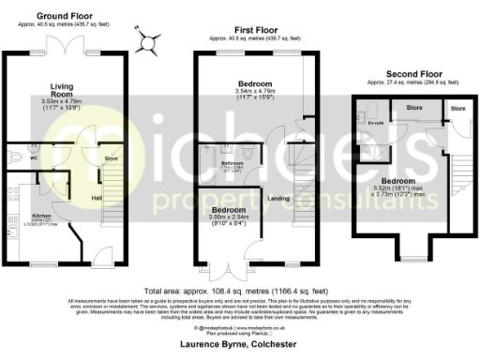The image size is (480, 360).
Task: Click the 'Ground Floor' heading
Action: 64,16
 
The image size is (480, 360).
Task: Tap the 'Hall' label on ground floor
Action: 97,198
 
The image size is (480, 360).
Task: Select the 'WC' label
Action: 9,158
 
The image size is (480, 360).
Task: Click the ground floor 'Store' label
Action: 110,159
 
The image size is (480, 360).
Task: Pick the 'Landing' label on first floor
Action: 277,198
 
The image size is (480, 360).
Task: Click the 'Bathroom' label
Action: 232,164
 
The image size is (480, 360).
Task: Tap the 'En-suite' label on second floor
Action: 377,123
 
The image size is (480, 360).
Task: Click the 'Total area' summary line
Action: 235,290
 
